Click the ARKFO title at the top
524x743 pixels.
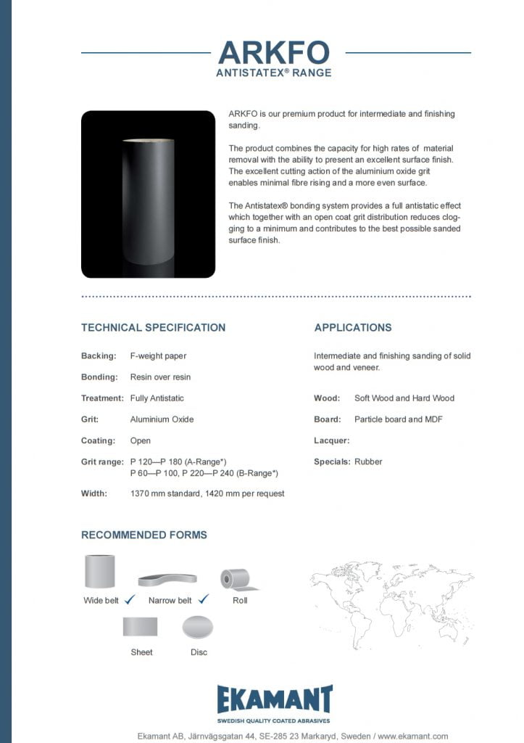(274, 52)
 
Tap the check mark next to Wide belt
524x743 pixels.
(130, 599)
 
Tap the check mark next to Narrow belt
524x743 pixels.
(204, 599)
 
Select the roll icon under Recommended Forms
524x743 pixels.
(236, 578)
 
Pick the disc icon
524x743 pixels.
(198, 627)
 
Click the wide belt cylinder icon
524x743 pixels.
(101, 571)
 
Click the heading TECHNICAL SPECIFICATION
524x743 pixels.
(153, 327)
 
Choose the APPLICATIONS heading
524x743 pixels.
(353, 327)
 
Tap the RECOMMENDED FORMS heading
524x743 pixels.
(144, 535)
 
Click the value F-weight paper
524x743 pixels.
(158, 356)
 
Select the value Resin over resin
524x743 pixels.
(160, 377)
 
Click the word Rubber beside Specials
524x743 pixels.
(368, 461)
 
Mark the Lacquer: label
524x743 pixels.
(331, 440)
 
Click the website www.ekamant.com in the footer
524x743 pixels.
(412, 735)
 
